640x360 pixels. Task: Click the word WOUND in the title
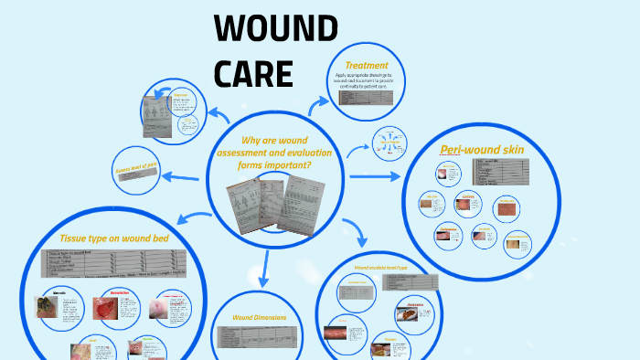pyautogui.click(x=275, y=29)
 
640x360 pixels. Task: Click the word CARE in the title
pyautogui.click(x=253, y=72)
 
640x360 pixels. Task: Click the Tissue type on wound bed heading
pyautogui.click(x=113, y=238)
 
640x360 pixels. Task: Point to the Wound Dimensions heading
pyautogui.click(x=261, y=317)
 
